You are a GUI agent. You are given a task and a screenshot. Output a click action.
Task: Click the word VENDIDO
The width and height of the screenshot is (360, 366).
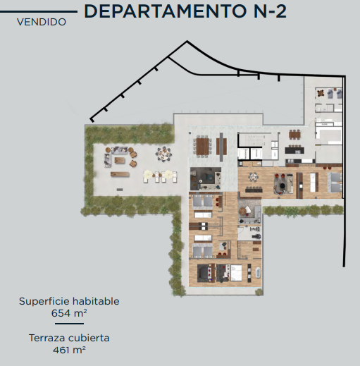[42, 22]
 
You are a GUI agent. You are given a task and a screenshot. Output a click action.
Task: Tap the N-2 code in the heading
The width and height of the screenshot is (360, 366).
[270, 11]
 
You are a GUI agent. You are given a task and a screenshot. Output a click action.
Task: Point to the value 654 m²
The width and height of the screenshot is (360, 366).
[69, 313]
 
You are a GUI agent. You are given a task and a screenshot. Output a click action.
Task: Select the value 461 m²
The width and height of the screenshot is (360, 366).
[69, 350]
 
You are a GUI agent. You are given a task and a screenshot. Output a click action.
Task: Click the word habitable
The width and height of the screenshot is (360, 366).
[96, 301]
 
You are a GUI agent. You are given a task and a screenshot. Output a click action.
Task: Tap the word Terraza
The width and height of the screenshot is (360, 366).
[48, 338]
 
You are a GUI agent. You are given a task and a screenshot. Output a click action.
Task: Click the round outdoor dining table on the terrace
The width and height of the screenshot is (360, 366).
[163, 154]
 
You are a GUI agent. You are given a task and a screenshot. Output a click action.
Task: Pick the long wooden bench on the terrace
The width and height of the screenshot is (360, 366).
[120, 174]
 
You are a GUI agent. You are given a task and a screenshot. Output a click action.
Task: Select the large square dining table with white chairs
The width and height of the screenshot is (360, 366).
[202, 147]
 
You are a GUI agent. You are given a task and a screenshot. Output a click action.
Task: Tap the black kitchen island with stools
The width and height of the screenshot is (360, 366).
[294, 150]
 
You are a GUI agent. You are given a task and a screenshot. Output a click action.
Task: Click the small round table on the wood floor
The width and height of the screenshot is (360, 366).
[253, 177]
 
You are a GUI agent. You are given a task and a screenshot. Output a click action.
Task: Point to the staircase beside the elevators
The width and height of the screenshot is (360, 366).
[252, 140]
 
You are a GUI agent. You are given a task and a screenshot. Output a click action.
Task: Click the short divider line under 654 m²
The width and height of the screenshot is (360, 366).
[69, 324]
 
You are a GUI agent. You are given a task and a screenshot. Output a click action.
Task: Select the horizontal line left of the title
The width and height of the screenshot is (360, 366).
[39, 11]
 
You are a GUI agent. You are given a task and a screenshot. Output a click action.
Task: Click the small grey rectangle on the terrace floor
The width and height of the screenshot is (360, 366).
[120, 189]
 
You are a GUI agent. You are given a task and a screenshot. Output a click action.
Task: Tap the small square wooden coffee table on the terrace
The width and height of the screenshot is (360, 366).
[120, 160]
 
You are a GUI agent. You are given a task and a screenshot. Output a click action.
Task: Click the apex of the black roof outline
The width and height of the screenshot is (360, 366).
[187, 41]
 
